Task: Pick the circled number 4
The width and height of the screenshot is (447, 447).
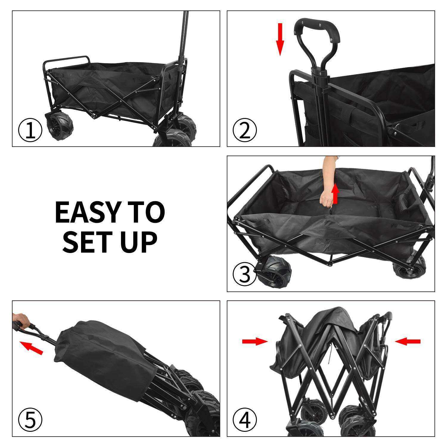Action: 245,420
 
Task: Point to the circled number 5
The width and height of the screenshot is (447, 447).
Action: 30,420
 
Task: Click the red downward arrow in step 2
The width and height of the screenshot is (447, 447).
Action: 280,39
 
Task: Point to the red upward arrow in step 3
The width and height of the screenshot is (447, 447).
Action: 336,194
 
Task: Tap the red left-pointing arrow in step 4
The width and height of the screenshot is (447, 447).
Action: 408,342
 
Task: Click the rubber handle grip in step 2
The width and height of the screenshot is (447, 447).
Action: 317,25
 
